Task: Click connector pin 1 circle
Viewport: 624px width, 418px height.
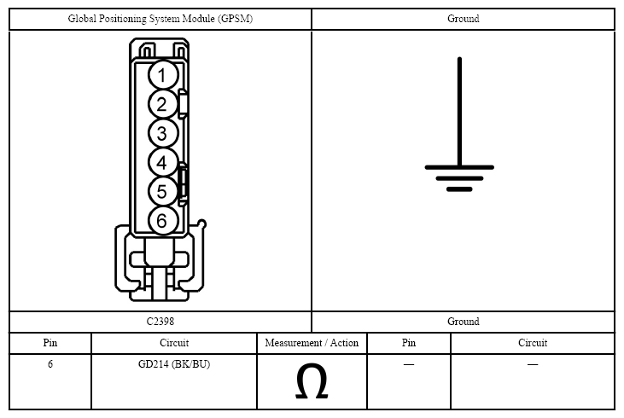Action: coord(163,75)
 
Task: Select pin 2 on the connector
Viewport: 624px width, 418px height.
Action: coord(163,104)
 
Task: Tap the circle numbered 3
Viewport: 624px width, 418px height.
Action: coord(163,133)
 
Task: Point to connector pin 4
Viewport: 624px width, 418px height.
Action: coord(163,162)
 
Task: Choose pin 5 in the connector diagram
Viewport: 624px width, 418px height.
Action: coord(163,191)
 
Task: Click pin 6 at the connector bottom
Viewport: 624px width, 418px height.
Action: coord(163,220)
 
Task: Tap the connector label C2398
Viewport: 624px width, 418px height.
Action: coord(160,322)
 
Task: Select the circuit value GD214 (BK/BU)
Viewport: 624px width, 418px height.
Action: coord(174,364)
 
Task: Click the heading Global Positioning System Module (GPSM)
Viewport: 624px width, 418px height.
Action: coord(160,19)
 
